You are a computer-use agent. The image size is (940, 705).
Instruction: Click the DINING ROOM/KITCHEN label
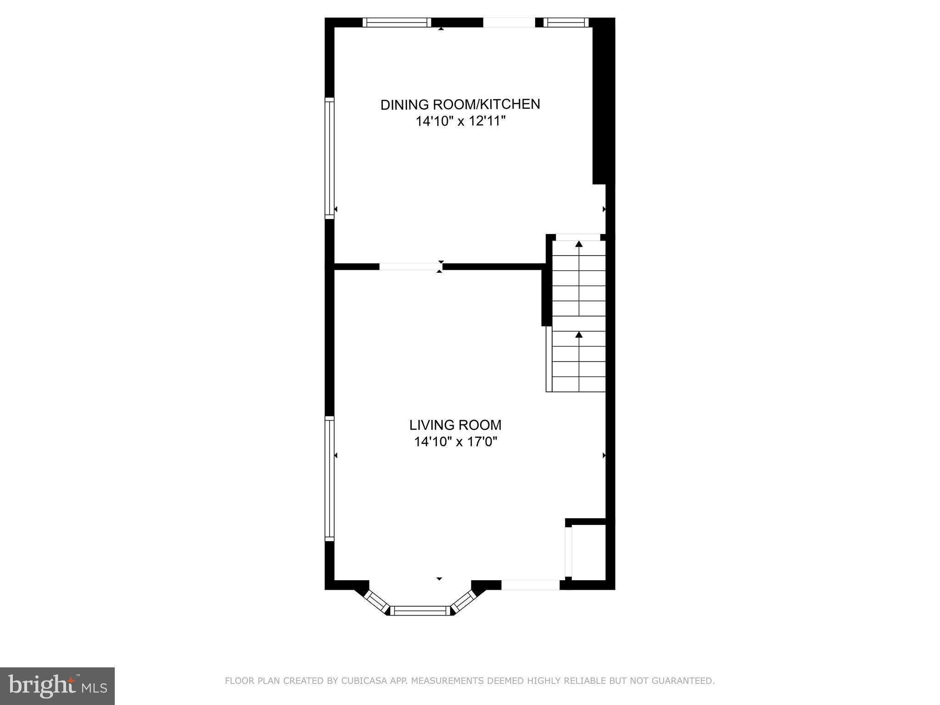tap(460, 105)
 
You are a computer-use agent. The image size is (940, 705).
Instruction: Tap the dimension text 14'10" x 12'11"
tap(460, 122)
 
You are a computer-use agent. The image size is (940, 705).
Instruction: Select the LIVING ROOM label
tap(455, 425)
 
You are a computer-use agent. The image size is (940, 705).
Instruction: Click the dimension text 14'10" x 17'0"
tap(455, 442)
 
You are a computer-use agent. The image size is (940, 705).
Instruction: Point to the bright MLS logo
tap(57, 686)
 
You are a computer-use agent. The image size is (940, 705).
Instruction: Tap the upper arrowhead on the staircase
tap(579, 244)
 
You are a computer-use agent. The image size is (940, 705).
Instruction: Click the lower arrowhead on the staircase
tap(579, 335)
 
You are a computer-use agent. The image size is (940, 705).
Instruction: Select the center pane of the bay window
tap(420, 610)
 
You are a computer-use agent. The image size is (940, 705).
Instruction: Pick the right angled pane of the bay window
tap(465, 601)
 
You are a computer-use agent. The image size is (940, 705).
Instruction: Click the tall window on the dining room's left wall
tap(330, 157)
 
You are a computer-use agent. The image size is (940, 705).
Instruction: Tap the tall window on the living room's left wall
tap(330, 478)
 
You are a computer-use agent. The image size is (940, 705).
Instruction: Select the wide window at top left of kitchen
tap(397, 22)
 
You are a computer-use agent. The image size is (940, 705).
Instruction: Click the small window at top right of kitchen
tap(566, 22)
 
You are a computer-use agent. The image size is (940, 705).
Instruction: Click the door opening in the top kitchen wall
tap(509, 22)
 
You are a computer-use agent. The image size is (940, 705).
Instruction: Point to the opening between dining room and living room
tap(410, 267)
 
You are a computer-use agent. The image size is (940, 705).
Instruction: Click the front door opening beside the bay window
tap(530, 585)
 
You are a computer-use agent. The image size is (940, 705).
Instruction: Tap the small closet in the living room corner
tap(589, 552)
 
